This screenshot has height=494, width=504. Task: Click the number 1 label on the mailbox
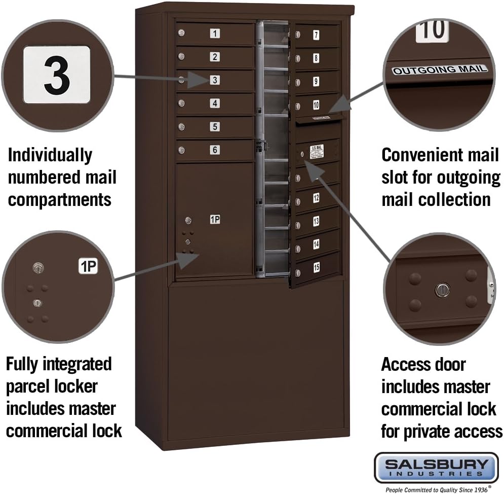(215, 34)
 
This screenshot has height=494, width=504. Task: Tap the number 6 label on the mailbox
(215, 150)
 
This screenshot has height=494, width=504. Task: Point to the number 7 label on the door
(316, 35)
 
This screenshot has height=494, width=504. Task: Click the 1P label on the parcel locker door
(215, 220)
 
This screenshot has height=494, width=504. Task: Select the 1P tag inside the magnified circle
(88, 266)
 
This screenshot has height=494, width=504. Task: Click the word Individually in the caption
(50, 155)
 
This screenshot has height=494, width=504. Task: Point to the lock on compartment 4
(181, 103)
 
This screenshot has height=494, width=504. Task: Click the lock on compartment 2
(181, 57)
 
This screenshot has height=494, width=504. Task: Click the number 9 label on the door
(316, 81)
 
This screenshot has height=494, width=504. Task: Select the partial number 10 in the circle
(432, 31)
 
